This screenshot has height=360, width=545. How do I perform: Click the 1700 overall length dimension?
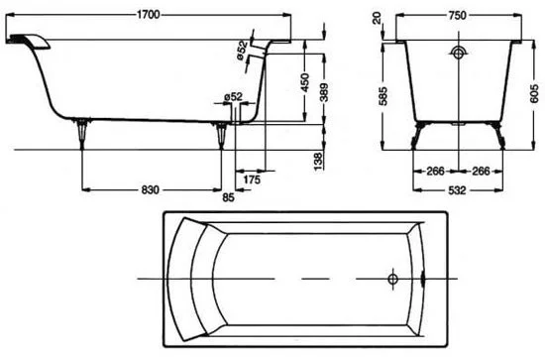[x=148, y=15]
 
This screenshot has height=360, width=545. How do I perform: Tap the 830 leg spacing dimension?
[x=151, y=189]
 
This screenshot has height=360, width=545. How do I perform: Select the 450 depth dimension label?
[x=305, y=82]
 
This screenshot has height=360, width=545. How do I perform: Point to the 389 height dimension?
[x=324, y=92]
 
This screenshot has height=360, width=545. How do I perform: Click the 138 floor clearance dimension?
[x=318, y=162]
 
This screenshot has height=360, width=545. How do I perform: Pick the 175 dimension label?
[x=252, y=180]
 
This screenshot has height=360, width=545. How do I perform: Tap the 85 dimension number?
[x=228, y=197]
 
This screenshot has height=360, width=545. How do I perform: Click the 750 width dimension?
[x=457, y=15]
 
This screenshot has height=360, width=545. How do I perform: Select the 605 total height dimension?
[x=534, y=94]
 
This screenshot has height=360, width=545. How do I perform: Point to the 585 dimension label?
[x=383, y=95]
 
